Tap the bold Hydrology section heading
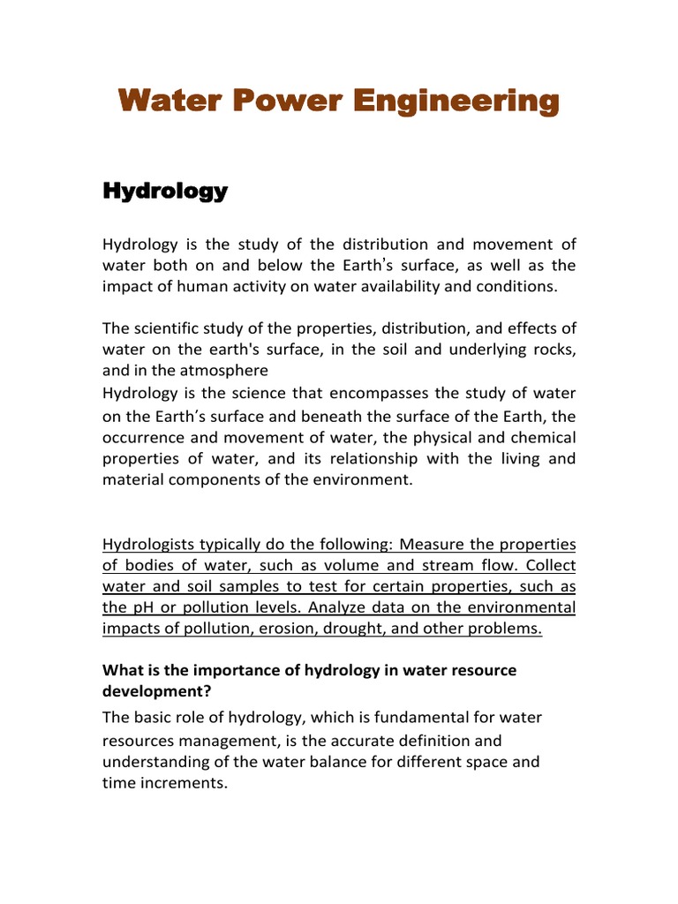pos(165,191)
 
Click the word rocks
pos(554,350)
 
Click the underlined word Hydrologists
pos(148,543)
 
